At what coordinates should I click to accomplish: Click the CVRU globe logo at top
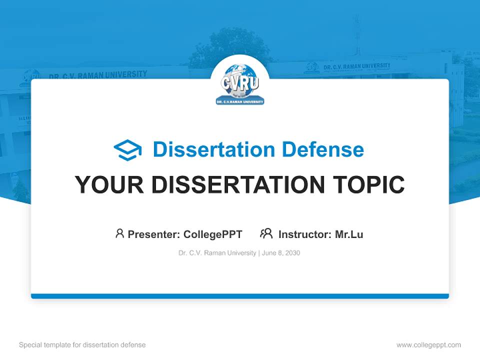point(240,84)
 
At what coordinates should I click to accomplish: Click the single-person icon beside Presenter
point(119,233)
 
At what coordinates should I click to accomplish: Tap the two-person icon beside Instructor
point(266,233)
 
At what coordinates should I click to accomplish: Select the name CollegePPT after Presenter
point(213,234)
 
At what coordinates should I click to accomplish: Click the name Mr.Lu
point(349,234)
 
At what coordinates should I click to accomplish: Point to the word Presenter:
point(154,234)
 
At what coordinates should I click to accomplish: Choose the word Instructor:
point(305,234)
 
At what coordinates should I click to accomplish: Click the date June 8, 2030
point(281,253)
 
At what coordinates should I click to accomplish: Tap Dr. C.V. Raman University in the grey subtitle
point(217,253)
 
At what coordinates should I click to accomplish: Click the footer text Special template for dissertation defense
point(82,345)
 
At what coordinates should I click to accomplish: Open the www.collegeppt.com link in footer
point(428,345)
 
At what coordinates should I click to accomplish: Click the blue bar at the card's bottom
point(240,296)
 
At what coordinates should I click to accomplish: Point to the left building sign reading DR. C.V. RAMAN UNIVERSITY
point(98,75)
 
